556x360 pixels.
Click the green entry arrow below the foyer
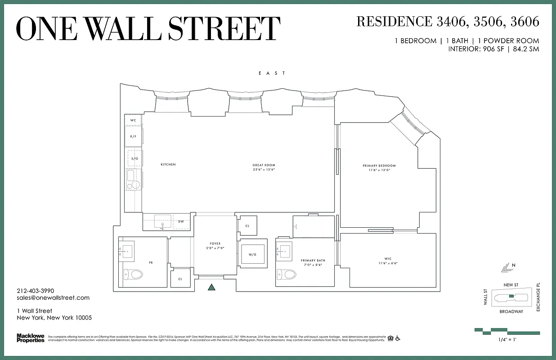(212, 288)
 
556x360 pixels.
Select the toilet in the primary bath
(287, 274)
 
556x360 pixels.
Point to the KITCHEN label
(168, 165)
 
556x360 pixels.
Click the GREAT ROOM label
(264, 165)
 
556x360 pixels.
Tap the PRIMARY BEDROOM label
(379, 166)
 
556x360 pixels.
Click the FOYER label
(215, 244)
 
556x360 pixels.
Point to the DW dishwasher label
(181, 221)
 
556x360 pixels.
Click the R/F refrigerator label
(134, 136)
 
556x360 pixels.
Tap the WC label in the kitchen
(133, 121)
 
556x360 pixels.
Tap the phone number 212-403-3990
(36, 291)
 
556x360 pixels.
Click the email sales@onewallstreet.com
(53, 297)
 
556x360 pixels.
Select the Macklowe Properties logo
(30, 337)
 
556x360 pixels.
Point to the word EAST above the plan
(272, 73)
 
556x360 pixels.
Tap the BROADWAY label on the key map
(511, 311)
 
